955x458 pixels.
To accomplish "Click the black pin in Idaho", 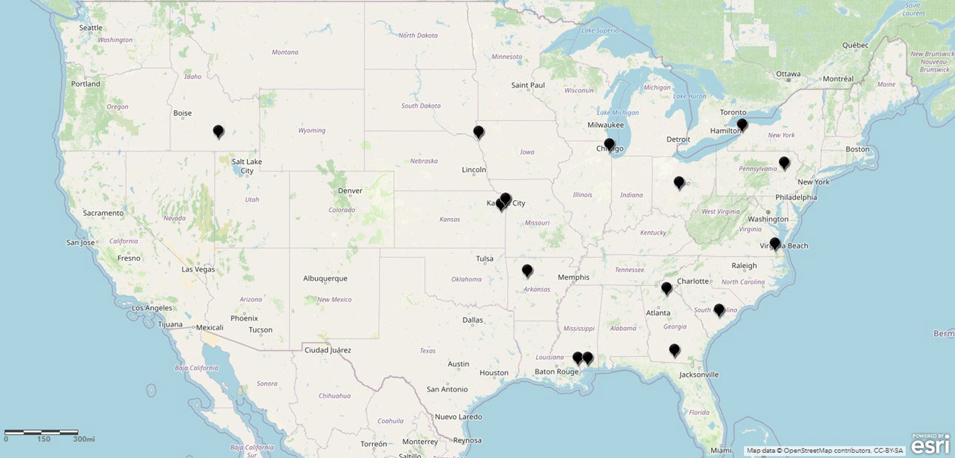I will [218, 131].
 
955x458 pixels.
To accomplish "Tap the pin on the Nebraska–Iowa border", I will [479, 132].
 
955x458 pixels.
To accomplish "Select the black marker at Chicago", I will [609, 144].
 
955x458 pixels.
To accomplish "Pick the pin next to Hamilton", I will [742, 125].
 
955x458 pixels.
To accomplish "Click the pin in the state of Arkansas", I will [527, 270].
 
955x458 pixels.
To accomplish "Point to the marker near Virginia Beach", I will [775, 243].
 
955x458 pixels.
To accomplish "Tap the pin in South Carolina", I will [719, 310].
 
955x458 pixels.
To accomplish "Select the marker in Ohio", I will [679, 182].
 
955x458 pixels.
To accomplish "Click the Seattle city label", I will [91, 28].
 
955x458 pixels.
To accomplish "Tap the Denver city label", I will [350, 191].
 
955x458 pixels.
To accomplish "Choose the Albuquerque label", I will [325, 278].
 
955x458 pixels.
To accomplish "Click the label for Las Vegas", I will [198, 270].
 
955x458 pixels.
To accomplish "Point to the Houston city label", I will [494, 373].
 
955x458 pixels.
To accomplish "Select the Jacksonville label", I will [699, 375].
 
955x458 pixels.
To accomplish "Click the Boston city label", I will [857, 149].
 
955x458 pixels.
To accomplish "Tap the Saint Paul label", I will [528, 85].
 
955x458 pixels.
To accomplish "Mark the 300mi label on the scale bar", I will [84, 439].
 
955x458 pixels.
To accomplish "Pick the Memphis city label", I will [573, 277].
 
